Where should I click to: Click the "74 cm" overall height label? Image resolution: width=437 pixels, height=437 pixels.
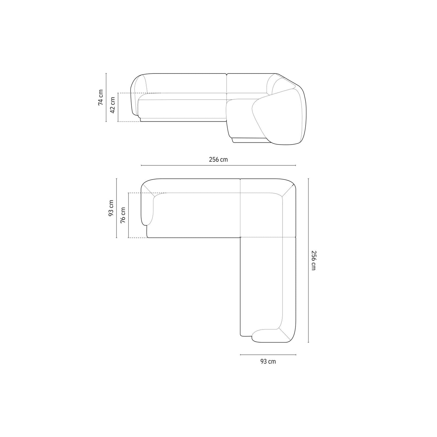pyautogui.click(x=101, y=97)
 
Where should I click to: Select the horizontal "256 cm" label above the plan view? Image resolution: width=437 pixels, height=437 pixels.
pyautogui.click(x=218, y=160)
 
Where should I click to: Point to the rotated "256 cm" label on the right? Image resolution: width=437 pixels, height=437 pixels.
pyautogui.click(x=313, y=260)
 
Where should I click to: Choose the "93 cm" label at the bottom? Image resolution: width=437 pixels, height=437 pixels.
pyautogui.click(x=268, y=362)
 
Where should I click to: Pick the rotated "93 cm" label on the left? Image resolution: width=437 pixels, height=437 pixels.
pyautogui.click(x=111, y=208)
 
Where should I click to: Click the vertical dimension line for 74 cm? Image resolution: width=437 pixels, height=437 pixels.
pyautogui.click(x=106, y=97)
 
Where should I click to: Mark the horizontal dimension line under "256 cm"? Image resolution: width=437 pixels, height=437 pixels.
pyautogui.click(x=218, y=165)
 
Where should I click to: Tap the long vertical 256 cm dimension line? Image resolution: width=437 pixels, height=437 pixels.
pyautogui.click(x=308, y=260)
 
